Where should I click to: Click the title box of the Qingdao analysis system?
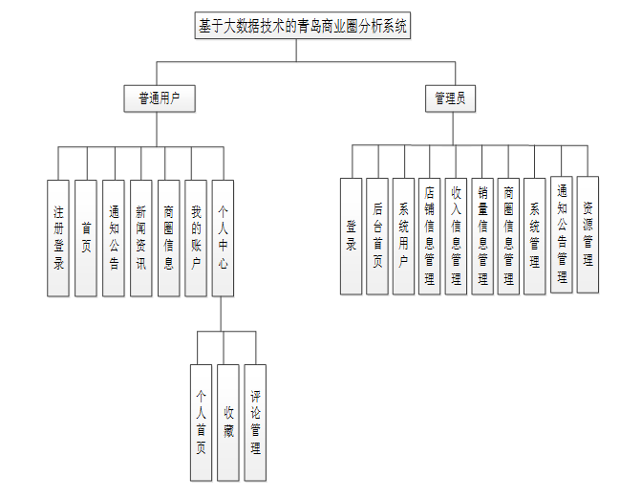pyautogui.click(x=303, y=28)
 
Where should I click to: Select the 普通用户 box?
pyautogui.click(x=160, y=98)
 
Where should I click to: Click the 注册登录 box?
pyautogui.click(x=59, y=238)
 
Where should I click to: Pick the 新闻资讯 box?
pyautogui.click(x=141, y=238)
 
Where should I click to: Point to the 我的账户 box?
pyautogui.click(x=196, y=238)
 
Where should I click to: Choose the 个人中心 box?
pyautogui.click(x=223, y=238)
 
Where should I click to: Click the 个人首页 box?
pyautogui.click(x=201, y=422)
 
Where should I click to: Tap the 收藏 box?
pyautogui.click(x=227, y=422)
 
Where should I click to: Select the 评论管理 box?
pyautogui.click(x=255, y=422)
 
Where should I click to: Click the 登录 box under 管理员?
pyautogui.click(x=351, y=236)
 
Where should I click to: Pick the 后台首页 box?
pyautogui.click(x=377, y=236)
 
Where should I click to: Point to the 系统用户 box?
pyautogui.click(x=403, y=236)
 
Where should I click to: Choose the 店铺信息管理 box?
pyautogui.click(x=430, y=236)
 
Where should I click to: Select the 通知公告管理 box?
pyautogui.click(x=562, y=234)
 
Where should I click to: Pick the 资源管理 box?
pyautogui.click(x=588, y=234)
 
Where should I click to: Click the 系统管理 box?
pyautogui.click(x=535, y=236)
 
